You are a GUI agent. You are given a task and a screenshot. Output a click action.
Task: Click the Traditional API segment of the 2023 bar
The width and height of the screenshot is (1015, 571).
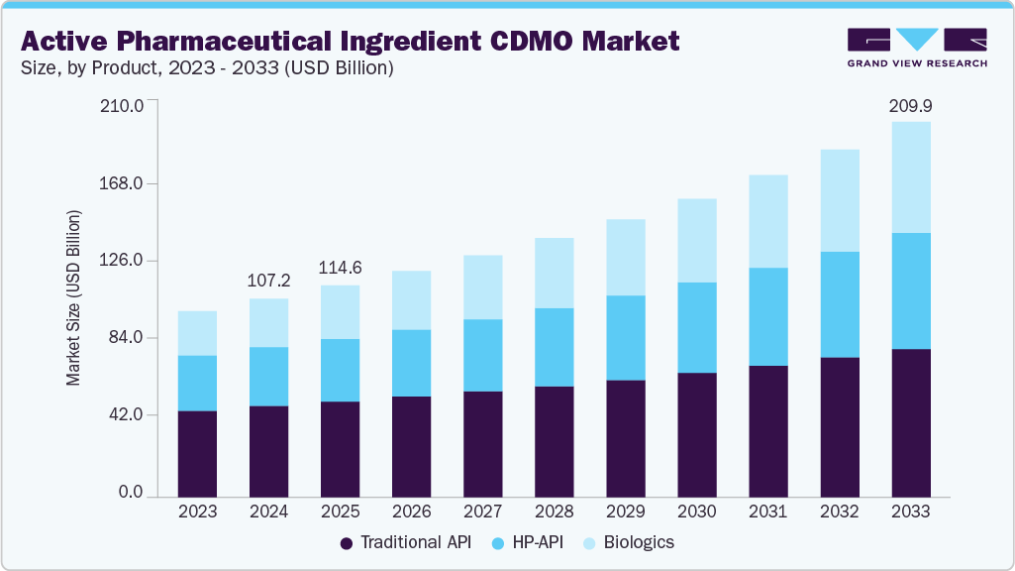tap(197, 453)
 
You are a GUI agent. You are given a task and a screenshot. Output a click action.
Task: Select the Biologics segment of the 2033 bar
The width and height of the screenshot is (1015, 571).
tap(911, 177)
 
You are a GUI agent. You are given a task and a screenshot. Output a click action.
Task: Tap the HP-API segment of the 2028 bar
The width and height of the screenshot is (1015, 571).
tap(555, 347)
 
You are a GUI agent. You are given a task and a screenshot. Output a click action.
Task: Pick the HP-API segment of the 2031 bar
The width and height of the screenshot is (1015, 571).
tap(768, 316)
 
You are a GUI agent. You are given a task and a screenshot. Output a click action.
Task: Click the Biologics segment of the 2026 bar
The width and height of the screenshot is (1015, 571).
tap(412, 300)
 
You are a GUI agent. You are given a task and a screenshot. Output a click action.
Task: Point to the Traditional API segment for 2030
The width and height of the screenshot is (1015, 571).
tap(697, 434)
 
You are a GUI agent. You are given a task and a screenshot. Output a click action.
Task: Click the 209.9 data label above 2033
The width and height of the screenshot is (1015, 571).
tap(911, 105)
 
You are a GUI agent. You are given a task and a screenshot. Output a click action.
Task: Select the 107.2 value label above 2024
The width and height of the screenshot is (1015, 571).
tap(269, 281)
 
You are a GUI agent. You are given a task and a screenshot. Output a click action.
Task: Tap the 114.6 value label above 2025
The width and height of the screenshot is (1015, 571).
tap(341, 268)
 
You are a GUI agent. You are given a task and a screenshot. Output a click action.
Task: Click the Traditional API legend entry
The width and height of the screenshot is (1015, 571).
tap(406, 542)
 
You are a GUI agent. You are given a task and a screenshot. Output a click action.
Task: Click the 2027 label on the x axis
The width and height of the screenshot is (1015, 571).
tap(483, 512)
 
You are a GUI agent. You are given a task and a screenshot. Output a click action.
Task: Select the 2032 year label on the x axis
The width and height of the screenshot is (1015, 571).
tap(840, 512)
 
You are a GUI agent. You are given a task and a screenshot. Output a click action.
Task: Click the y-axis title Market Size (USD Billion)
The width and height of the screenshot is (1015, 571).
tap(73, 297)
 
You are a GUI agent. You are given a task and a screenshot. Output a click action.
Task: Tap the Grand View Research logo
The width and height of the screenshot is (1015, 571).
tap(917, 47)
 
